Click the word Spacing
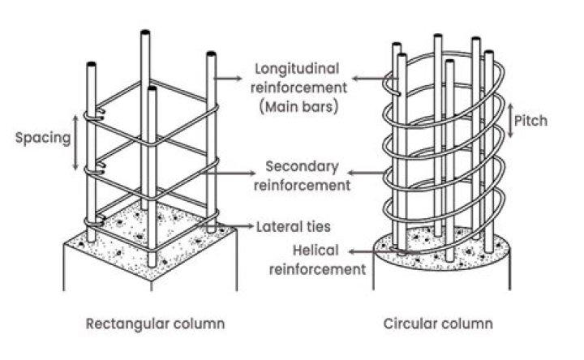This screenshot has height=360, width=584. [43, 137]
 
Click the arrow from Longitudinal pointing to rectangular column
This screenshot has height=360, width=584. [234, 78]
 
